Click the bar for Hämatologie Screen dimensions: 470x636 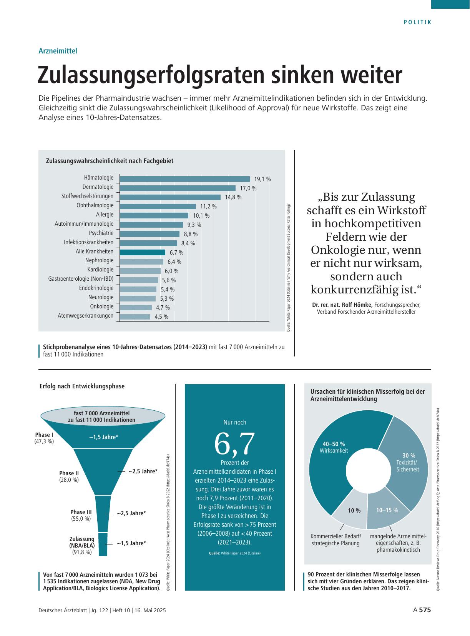(x=185, y=179)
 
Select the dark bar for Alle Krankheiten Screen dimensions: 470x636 (x=143, y=252)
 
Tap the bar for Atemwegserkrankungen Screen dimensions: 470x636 (x=135, y=317)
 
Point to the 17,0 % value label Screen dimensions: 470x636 (x=248, y=188)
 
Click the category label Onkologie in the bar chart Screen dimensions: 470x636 (x=102, y=306)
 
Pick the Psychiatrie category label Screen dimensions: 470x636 (x=101, y=233)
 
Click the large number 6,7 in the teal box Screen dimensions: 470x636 (x=234, y=443)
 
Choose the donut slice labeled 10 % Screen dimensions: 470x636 (x=353, y=511)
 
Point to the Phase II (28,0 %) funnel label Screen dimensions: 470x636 (x=69, y=476)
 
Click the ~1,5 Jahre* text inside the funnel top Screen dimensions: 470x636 (x=104, y=437)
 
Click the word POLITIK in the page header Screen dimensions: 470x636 (x=418, y=22)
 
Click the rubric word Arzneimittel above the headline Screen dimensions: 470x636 (x=58, y=51)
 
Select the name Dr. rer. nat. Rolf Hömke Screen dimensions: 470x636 (x=342, y=305)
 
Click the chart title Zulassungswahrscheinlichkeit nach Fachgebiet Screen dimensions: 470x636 (x=110, y=161)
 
